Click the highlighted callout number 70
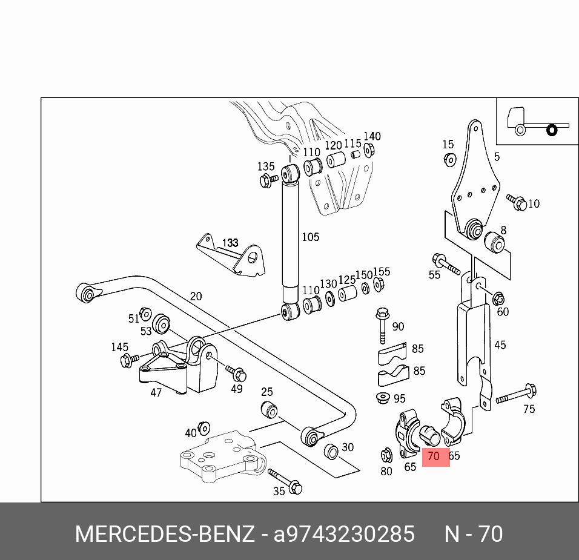(434, 456)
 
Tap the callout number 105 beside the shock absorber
(310, 237)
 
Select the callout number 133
(230, 243)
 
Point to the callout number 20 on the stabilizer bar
(196, 297)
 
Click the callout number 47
(156, 392)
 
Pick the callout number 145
(119, 347)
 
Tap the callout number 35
(279, 491)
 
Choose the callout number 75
(529, 409)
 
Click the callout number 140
(372, 136)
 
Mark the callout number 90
(398, 326)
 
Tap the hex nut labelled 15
(449, 159)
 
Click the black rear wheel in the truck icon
(551, 130)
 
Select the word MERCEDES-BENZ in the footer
(165, 535)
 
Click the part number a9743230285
(344, 535)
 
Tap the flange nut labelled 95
(382, 398)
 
